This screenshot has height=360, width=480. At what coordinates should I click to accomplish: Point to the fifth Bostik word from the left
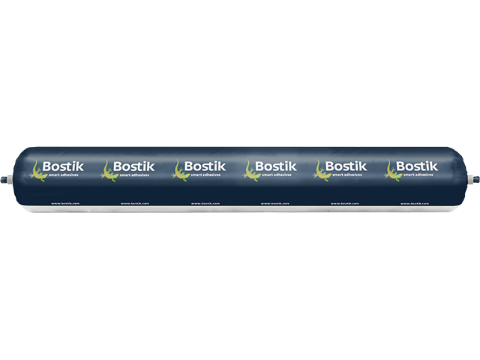(342, 165)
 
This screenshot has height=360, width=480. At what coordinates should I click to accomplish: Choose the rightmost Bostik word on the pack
(412, 165)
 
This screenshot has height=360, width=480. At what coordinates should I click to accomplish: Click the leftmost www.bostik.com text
(61, 202)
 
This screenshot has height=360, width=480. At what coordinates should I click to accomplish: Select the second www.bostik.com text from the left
(132, 202)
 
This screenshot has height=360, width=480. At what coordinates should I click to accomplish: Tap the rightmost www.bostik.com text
(414, 202)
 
